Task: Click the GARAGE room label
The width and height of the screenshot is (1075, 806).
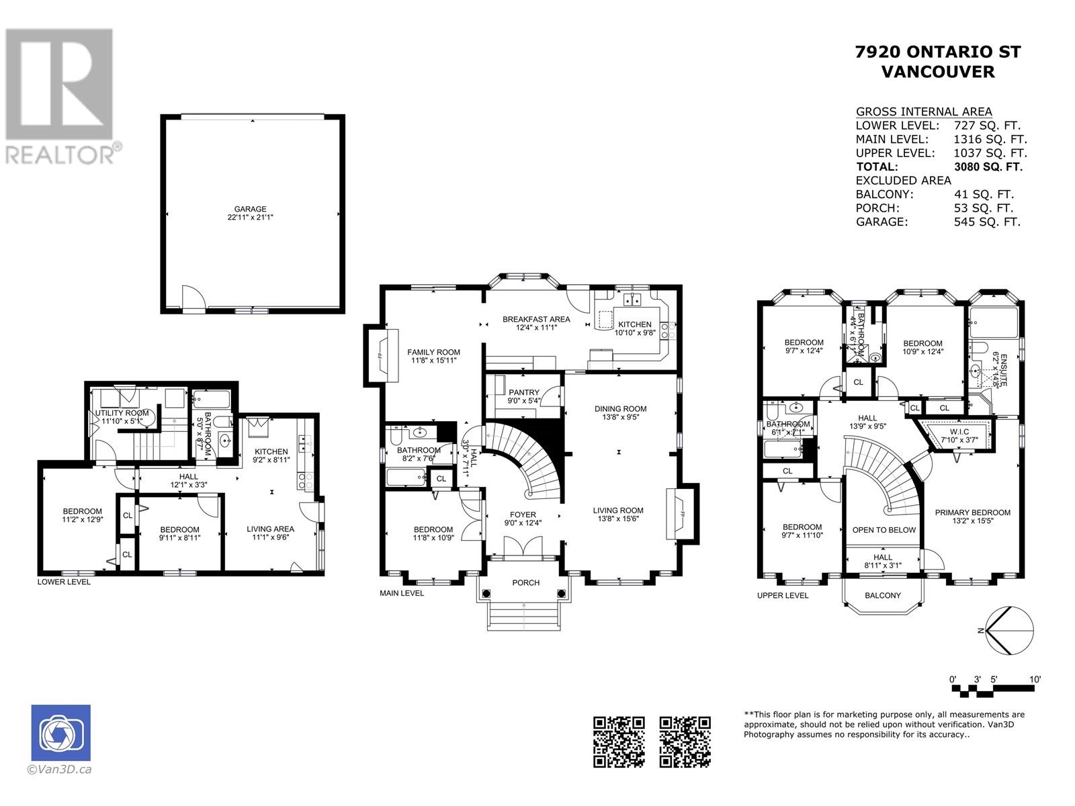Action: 250,209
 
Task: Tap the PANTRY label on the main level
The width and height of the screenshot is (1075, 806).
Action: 523,392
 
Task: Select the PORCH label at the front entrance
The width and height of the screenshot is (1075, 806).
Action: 525,582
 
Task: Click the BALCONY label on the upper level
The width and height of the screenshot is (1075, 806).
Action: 883,595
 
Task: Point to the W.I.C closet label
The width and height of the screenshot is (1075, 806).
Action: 958,431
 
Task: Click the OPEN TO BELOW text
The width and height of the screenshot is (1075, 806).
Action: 884,530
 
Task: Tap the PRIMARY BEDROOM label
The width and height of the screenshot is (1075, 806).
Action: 972,512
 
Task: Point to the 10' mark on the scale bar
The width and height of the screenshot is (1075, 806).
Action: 1035,680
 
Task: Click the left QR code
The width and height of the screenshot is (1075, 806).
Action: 619,742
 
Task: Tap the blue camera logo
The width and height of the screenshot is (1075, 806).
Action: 60,733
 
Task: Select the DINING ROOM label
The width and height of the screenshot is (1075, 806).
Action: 620,408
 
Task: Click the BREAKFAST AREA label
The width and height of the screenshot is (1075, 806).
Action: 536,319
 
